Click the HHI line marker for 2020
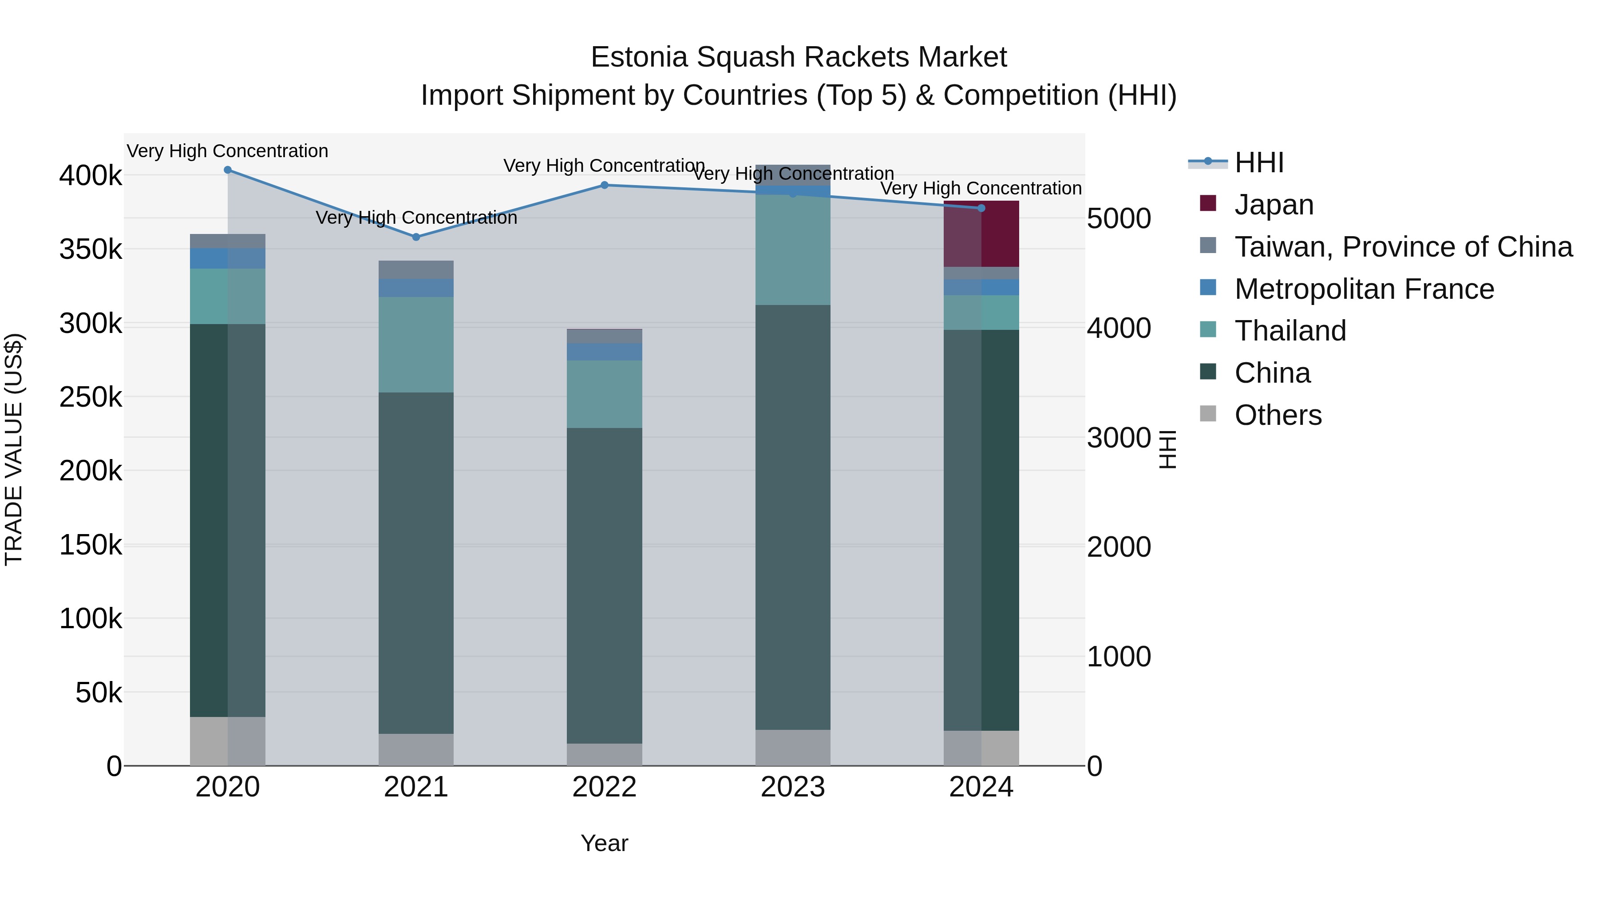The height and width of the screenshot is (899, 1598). tap(228, 170)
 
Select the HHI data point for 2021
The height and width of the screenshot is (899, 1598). tap(416, 237)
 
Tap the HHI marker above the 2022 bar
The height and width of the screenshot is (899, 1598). tap(605, 185)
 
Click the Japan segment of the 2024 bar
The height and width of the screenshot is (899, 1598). tap(981, 234)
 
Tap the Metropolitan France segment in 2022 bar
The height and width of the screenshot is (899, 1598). tap(605, 352)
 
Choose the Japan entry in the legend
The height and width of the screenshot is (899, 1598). tap(1274, 205)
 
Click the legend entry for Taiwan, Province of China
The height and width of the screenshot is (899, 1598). tap(1403, 247)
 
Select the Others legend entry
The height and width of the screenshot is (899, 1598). tap(1278, 415)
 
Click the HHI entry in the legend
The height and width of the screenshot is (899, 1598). tap(1259, 162)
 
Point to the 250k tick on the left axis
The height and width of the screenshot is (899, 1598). tap(91, 397)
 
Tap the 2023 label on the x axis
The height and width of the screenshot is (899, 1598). tap(793, 787)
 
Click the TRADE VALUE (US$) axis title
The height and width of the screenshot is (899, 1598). tap(14, 449)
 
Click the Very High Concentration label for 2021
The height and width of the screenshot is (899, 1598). tap(416, 218)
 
